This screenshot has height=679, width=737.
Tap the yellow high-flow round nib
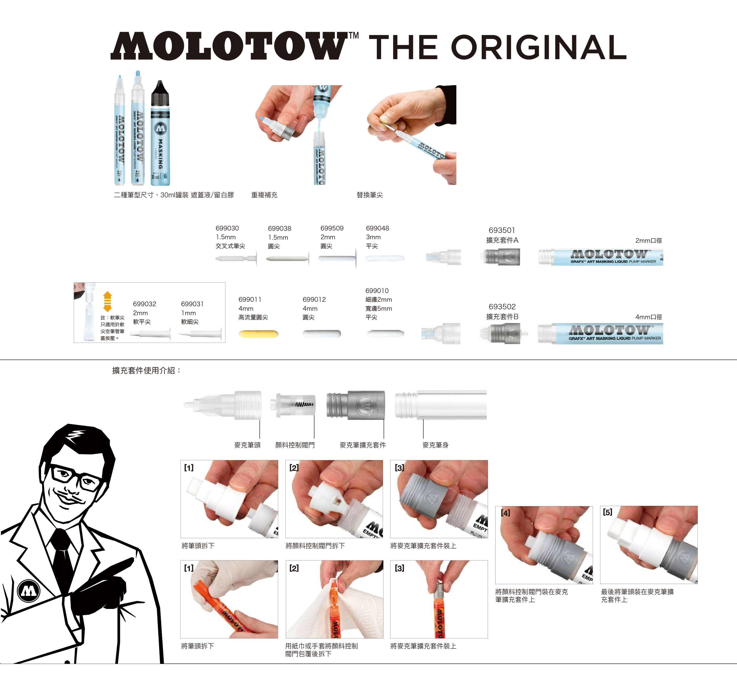point(258,334)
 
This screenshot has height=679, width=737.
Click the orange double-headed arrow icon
point(107,301)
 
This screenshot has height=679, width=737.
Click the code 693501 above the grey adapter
point(502,230)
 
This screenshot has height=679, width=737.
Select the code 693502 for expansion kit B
point(502,307)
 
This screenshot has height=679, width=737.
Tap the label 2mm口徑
point(649,241)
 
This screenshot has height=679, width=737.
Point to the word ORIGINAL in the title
point(538,47)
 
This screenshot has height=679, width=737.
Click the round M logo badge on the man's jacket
point(29,591)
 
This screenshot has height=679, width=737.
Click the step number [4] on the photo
point(505,513)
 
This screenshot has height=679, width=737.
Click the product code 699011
point(250,299)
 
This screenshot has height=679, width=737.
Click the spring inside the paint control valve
point(304,405)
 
